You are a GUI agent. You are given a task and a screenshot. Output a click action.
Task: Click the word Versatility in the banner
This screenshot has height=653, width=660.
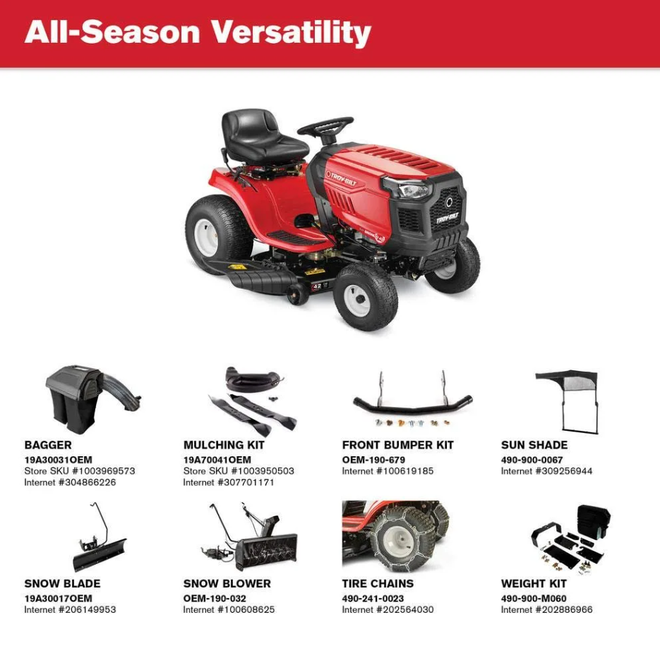point(290,33)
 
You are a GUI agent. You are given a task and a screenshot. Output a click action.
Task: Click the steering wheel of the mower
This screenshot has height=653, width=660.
point(325,126)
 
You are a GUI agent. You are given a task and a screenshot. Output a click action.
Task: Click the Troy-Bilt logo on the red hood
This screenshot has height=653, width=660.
point(341,178)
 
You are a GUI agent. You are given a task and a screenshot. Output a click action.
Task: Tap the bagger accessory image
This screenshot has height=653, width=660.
point(92,398)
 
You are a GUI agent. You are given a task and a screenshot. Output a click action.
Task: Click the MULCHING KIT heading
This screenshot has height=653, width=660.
point(224,445)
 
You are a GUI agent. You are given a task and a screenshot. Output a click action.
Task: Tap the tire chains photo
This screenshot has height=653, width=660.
point(395,536)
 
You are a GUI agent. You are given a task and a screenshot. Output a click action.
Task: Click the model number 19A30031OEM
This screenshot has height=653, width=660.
point(58,460)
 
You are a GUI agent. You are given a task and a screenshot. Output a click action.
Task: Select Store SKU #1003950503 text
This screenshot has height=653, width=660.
point(239,471)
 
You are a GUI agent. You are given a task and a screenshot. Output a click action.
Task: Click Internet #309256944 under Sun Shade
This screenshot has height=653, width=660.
point(547,471)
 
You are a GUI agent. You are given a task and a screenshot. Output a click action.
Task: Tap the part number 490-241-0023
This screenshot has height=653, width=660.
point(373,598)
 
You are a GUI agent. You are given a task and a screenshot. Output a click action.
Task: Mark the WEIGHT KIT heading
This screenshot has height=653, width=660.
point(534,584)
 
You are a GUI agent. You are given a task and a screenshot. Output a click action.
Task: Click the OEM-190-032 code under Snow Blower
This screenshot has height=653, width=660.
point(215,598)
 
